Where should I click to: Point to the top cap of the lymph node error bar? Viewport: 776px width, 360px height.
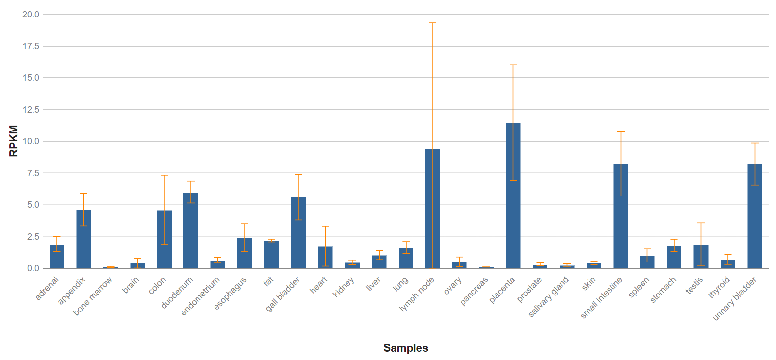click(x=432, y=23)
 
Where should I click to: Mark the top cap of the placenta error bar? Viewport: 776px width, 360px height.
click(x=513, y=65)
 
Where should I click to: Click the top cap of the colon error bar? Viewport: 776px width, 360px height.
click(x=165, y=175)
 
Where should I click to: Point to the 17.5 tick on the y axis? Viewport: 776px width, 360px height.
click(x=31, y=46)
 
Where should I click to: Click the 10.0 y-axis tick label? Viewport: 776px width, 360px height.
click(x=31, y=141)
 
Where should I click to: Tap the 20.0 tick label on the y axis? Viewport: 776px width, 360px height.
click(x=31, y=15)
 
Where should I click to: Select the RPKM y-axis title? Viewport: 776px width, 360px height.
click(x=14, y=141)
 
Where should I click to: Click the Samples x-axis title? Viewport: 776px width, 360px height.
click(x=406, y=348)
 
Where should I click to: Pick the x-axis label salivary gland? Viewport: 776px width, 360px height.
click(x=548, y=297)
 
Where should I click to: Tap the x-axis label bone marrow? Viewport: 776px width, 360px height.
click(x=92, y=296)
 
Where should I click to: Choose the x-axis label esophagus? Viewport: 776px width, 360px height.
click(x=231, y=293)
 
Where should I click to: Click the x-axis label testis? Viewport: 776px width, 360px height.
click(x=694, y=286)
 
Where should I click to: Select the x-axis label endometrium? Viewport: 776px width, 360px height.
click(x=200, y=296)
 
